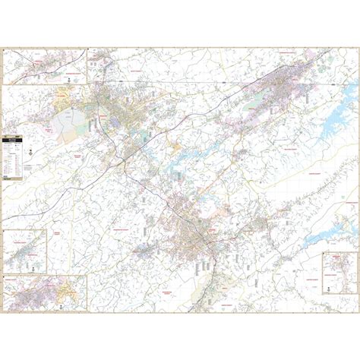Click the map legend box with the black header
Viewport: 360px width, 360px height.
13,156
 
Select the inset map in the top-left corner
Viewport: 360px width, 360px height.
46,65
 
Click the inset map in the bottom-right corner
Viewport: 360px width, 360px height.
338,271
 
